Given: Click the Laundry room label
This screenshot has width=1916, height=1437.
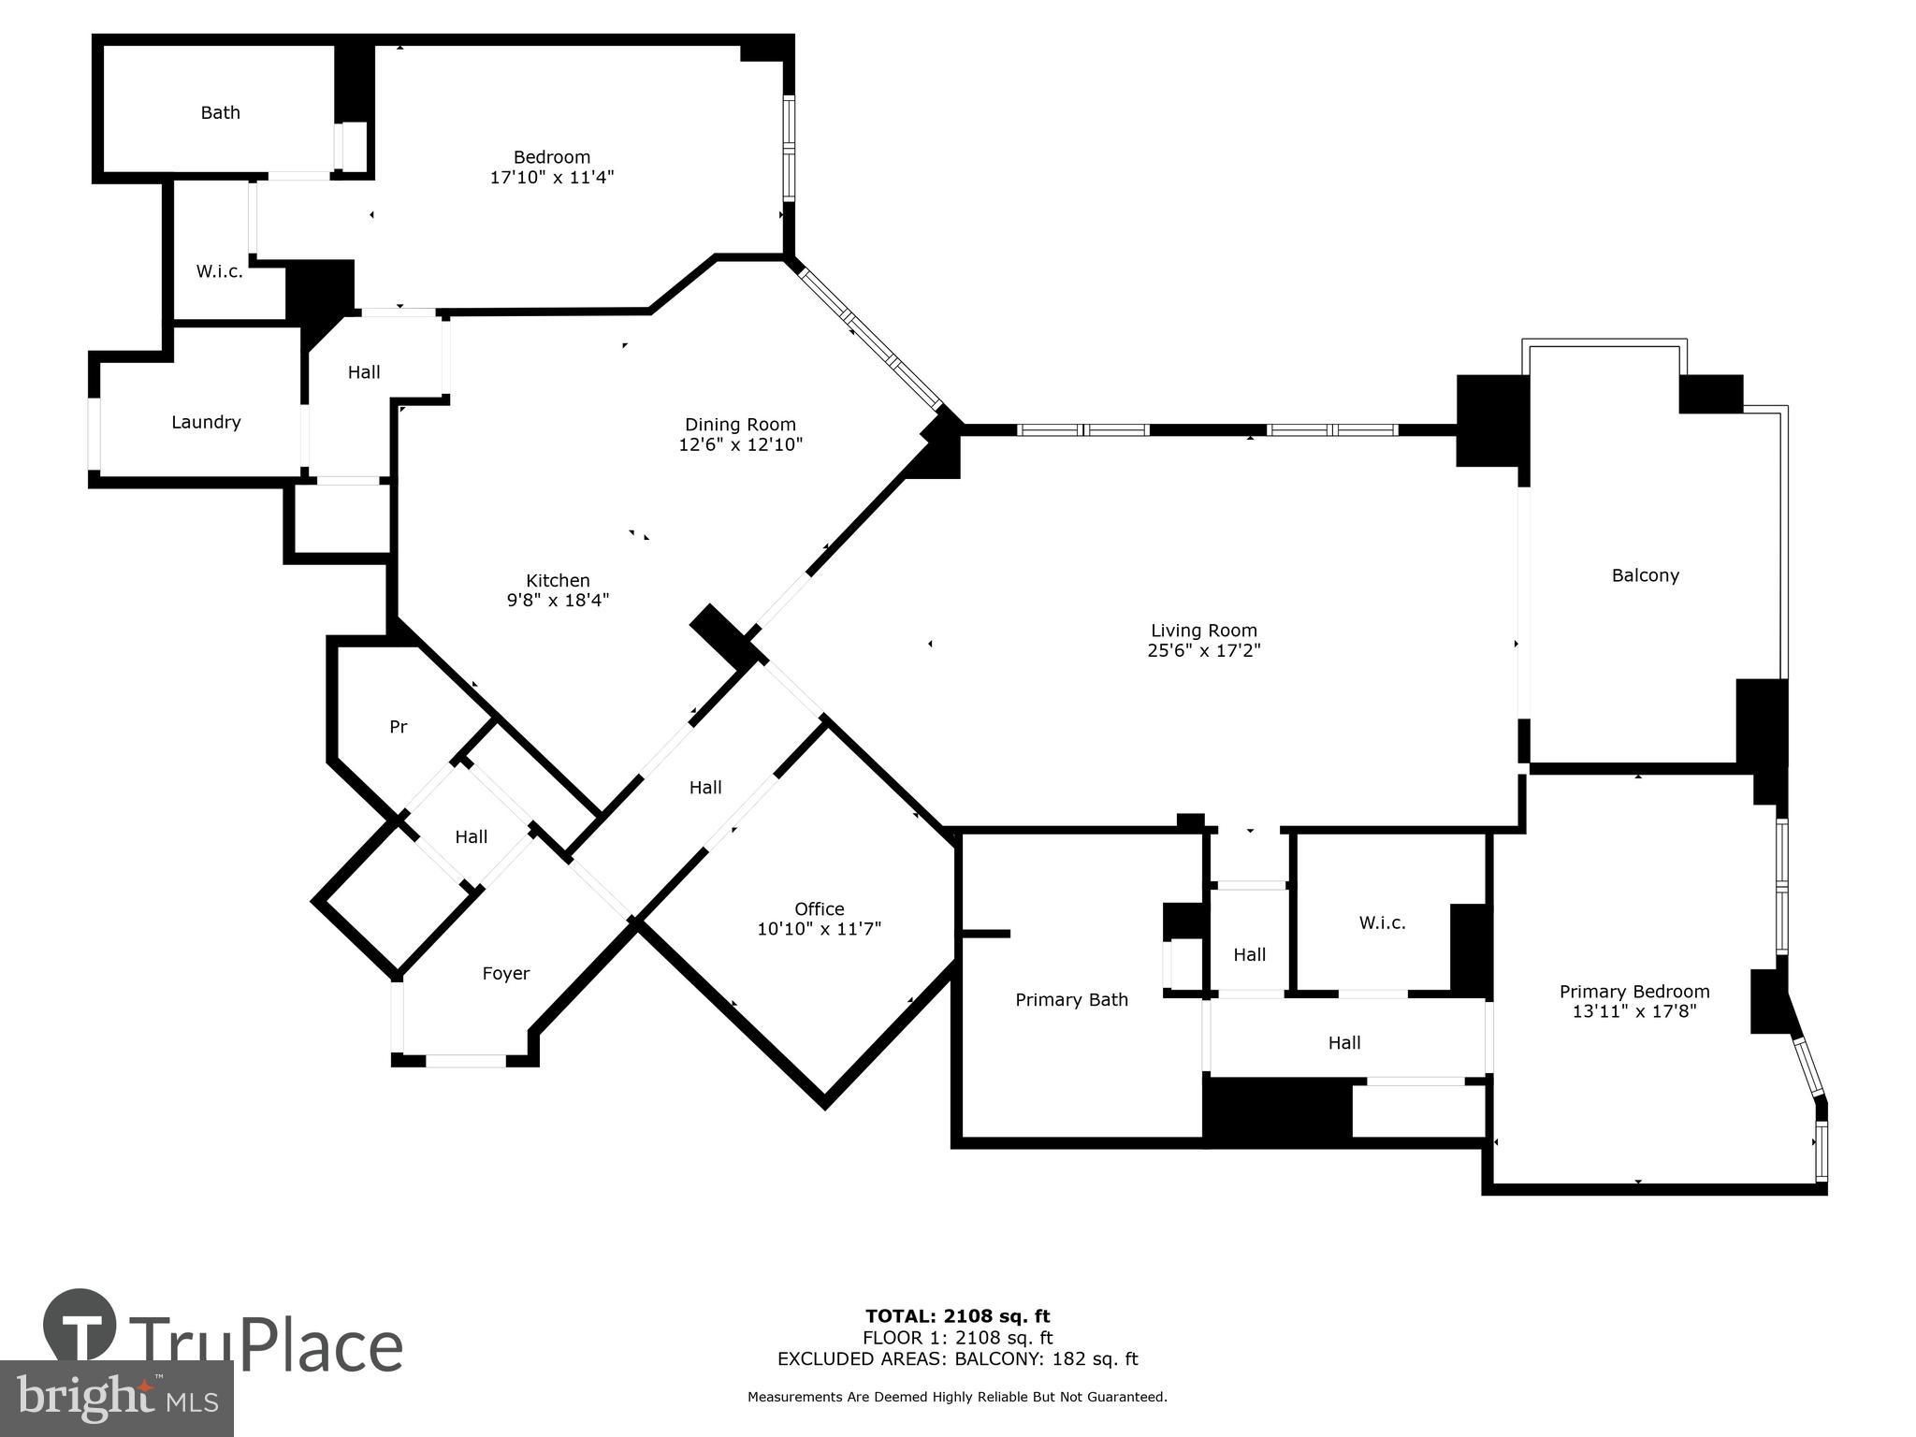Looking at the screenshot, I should tap(206, 422).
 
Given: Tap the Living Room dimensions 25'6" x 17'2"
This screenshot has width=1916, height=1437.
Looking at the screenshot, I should tap(1203, 651).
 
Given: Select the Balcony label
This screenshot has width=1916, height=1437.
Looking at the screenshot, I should tap(1645, 575).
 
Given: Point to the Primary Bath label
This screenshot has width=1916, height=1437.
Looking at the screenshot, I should tap(1071, 1000).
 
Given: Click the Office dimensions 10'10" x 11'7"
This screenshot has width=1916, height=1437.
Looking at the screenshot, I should tap(819, 929).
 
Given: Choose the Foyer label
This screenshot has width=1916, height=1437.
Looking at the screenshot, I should tap(505, 974).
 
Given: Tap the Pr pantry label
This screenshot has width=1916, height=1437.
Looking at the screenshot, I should tap(398, 727).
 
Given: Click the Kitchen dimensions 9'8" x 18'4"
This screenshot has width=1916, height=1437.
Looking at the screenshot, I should tap(558, 601).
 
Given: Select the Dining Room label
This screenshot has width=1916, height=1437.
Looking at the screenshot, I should tap(740, 425).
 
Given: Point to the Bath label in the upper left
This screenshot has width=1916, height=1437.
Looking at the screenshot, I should tap(220, 113).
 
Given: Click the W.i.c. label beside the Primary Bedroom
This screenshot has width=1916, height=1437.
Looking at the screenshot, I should tap(1382, 923).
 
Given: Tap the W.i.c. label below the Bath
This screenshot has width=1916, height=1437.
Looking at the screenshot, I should tap(219, 272).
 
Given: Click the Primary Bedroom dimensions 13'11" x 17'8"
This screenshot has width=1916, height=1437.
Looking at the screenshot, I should tap(1633, 1011).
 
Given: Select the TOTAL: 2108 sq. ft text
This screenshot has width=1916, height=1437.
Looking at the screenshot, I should tap(957, 1317).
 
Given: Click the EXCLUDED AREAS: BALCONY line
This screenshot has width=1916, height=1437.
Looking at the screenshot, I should tap(957, 1359).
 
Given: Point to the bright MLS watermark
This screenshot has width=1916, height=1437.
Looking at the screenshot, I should tap(116, 1399).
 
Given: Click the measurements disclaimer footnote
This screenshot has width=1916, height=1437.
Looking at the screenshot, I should tap(957, 1397).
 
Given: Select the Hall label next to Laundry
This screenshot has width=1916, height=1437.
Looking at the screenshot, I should tap(364, 372).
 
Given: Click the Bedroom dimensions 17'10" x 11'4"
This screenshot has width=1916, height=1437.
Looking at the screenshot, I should tap(551, 177).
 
